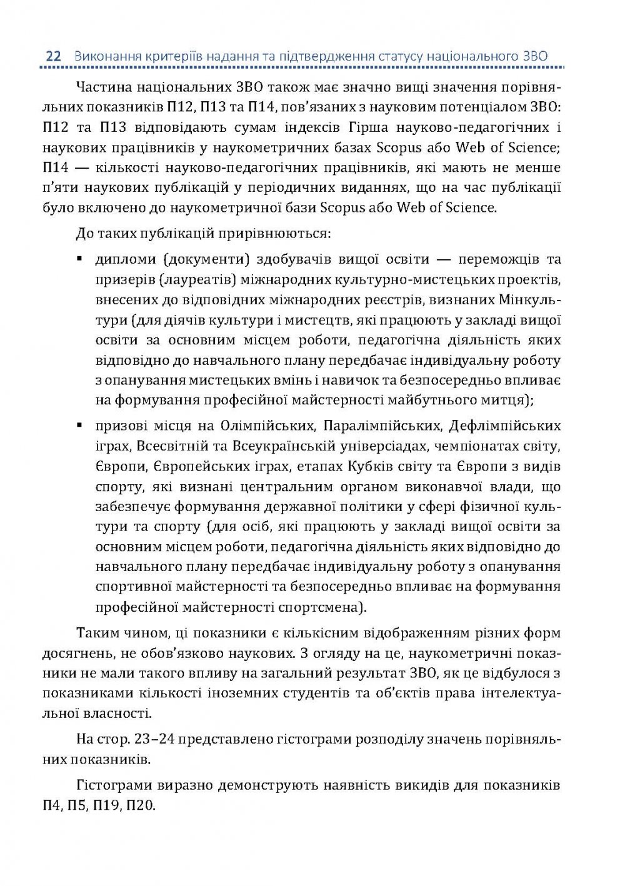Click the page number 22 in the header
(52, 57)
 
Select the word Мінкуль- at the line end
(530, 300)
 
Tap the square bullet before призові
(79, 426)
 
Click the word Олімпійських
(267, 426)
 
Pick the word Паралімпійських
(382, 426)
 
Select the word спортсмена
(327, 607)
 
